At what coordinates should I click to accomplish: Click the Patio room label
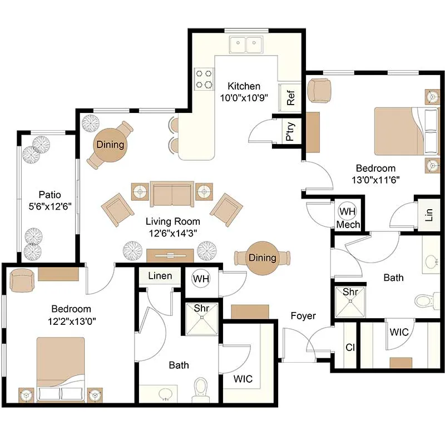point(50,195)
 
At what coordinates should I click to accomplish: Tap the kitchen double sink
point(246,44)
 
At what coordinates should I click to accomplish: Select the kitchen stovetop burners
point(204,79)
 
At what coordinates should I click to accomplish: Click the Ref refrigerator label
point(291,98)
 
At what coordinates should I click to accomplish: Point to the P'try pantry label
point(290,131)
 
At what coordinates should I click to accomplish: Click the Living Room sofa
point(172,194)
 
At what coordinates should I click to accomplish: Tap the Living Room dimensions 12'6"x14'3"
point(173,233)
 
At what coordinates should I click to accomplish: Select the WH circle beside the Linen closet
point(201,279)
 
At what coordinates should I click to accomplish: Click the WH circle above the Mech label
point(347,211)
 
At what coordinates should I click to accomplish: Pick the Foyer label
point(303,315)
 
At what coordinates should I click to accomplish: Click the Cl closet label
point(350,347)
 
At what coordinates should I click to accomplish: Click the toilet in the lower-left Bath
point(201,389)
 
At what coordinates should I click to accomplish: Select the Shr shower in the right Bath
point(350,301)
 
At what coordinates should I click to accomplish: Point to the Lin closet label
point(429,215)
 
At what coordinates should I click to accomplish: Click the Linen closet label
point(160,275)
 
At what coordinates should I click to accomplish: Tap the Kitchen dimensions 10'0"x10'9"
point(244,98)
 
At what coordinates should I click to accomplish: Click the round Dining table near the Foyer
point(262,258)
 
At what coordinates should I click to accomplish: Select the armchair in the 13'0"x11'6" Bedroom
point(319,91)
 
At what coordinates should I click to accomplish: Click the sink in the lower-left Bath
point(165,394)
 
